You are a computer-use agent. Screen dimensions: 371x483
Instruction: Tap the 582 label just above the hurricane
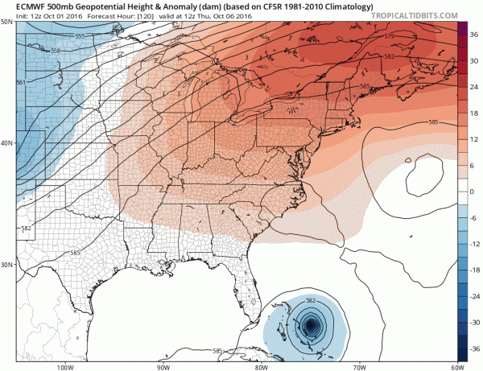310,301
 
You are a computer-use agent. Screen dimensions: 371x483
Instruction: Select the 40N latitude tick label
6,144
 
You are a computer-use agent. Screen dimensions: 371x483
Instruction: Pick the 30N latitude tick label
6,265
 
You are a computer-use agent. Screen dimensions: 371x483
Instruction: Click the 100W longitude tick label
65,365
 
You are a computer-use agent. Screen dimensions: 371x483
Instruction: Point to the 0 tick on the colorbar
473,192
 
